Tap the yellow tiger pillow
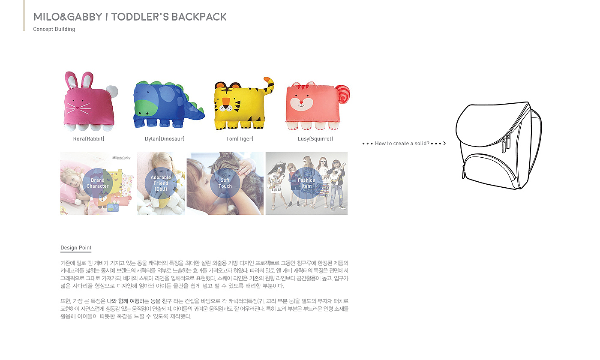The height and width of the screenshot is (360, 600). tap(238, 105)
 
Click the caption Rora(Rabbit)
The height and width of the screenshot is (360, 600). tap(89, 139)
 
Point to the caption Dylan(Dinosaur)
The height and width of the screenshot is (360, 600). tap(165, 139)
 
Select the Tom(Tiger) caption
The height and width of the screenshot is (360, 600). tap(240, 139)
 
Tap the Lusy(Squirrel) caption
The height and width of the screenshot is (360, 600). tap(315, 139)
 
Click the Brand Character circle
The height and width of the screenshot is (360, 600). tap(98, 183)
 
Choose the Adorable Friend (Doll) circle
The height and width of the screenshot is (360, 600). tap(161, 183)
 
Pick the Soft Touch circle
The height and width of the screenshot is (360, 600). tap(225, 183)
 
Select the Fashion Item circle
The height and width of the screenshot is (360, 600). tap(306, 183)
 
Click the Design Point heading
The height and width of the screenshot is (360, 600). tap(76, 248)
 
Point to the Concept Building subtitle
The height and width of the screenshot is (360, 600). tap(54, 29)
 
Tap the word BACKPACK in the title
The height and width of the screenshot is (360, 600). tap(199, 17)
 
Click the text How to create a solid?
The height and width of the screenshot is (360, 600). tap(402, 144)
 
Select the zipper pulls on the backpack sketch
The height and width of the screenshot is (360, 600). tap(508, 141)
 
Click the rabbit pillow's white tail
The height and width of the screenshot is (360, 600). tap(112, 91)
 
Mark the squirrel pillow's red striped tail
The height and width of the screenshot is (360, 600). tap(343, 93)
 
